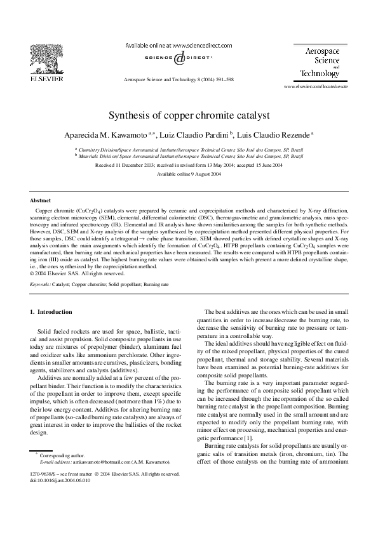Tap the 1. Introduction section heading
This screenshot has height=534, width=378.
click(51, 312)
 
